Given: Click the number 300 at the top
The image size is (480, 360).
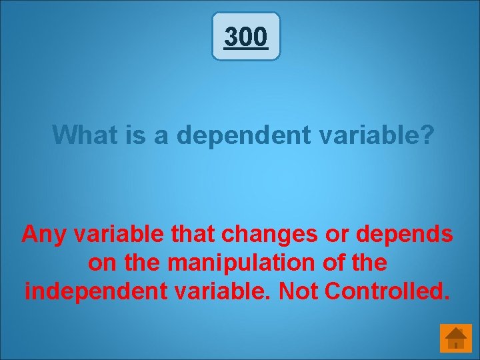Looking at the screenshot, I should point(246,37).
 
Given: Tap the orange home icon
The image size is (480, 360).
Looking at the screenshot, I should point(456,338).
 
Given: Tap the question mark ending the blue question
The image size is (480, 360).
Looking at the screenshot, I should point(428,135).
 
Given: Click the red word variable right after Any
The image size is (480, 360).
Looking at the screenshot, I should point(114,235).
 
